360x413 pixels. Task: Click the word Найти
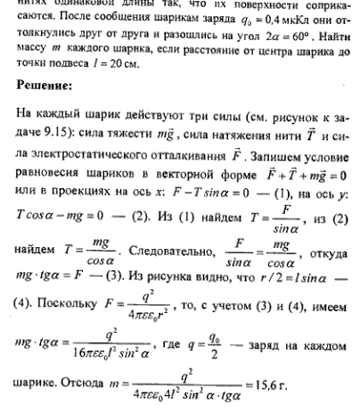click(x=331, y=43)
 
